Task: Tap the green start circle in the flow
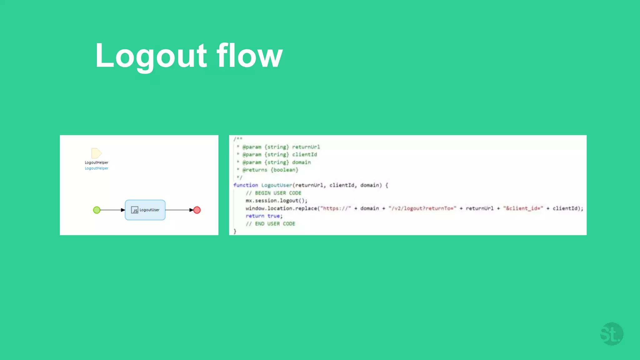pos(97,210)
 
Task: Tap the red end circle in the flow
pos(197,210)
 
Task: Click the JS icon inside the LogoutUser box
pos(134,210)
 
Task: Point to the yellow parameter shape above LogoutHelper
pos(96,153)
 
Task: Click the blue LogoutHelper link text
pos(97,168)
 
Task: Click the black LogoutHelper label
pos(97,162)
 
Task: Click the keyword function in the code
pos(246,185)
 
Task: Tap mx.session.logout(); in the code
pos(276,201)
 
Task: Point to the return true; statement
pos(264,216)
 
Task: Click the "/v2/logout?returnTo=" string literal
pos(422,208)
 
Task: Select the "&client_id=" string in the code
pos(523,208)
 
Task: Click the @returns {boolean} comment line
pos(270,170)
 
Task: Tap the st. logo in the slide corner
pos(612,334)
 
